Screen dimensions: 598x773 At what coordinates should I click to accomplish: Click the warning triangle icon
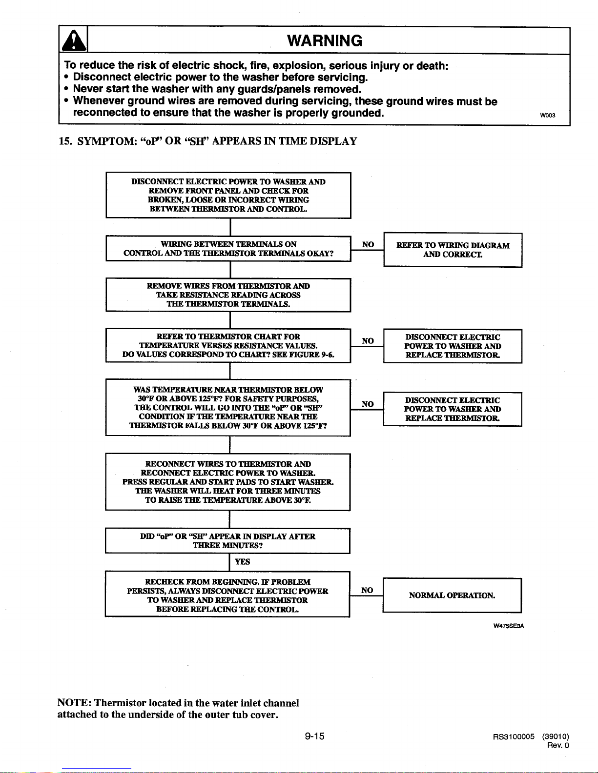click(x=74, y=40)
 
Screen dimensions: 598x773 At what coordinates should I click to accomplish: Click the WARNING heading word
click(x=325, y=40)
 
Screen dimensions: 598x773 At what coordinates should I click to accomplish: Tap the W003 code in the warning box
click(x=547, y=115)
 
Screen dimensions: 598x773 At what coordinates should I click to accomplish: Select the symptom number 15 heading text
click(x=208, y=141)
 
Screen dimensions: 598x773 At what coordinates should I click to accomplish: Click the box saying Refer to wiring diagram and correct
click(x=453, y=250)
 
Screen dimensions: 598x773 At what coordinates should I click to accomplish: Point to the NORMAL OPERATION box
click(x=452, y=595)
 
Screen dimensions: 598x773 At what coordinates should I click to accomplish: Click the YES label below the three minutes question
click(x=243, y=562)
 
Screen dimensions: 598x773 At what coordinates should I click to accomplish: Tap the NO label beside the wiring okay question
click(x=368, y=244)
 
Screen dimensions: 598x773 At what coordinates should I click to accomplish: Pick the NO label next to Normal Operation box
click(x=367, y=590)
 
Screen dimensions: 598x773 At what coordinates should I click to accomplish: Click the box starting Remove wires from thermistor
click(x=228, y=295)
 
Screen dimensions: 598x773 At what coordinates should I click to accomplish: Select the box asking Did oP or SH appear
click(x=227, y=541)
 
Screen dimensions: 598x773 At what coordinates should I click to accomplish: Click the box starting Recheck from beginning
click(x=227, y=594)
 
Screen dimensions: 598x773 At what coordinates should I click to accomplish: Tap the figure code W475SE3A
click(x=509, y=626)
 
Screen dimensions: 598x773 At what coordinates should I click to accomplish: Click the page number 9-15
click(x=314, y=736)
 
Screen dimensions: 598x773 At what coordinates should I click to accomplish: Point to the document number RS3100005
click(x=514, y=736)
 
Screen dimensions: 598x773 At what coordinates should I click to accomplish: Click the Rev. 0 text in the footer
click(x=558, y=745)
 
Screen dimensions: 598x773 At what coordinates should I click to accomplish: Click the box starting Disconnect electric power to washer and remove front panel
click(x=228, y=195)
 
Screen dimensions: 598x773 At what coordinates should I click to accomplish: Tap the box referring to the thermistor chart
click(x=228, y=345)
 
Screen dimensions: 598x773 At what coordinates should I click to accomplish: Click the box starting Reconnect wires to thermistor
click(x=228, y=482)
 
